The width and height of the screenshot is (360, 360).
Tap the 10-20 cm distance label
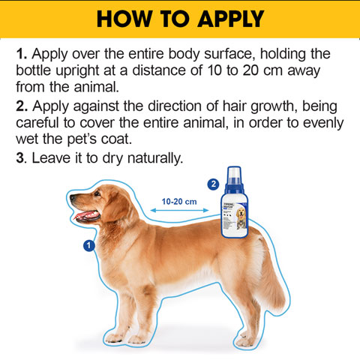179,201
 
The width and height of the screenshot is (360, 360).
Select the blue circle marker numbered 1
88,245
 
